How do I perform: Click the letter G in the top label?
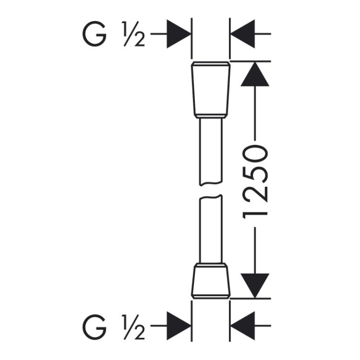(94, 34)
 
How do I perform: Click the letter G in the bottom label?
(94, 327)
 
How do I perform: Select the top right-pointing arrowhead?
(179, 34)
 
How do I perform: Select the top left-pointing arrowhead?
(242, 34)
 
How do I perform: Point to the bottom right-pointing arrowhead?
(179, 326)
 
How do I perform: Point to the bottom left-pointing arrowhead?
(242, 326)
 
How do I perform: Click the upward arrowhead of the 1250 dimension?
(255, 74)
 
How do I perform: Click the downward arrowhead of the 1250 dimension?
(255, 286)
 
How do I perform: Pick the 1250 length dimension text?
(255, 182)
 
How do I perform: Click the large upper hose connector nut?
(211, 90)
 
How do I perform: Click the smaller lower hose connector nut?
(211, 281)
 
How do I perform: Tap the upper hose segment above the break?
(211, 152)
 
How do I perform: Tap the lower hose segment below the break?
(211, 229)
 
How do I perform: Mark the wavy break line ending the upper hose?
(211, 184)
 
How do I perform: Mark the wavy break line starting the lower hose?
(211, 197)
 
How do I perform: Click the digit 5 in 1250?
(255, 174)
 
